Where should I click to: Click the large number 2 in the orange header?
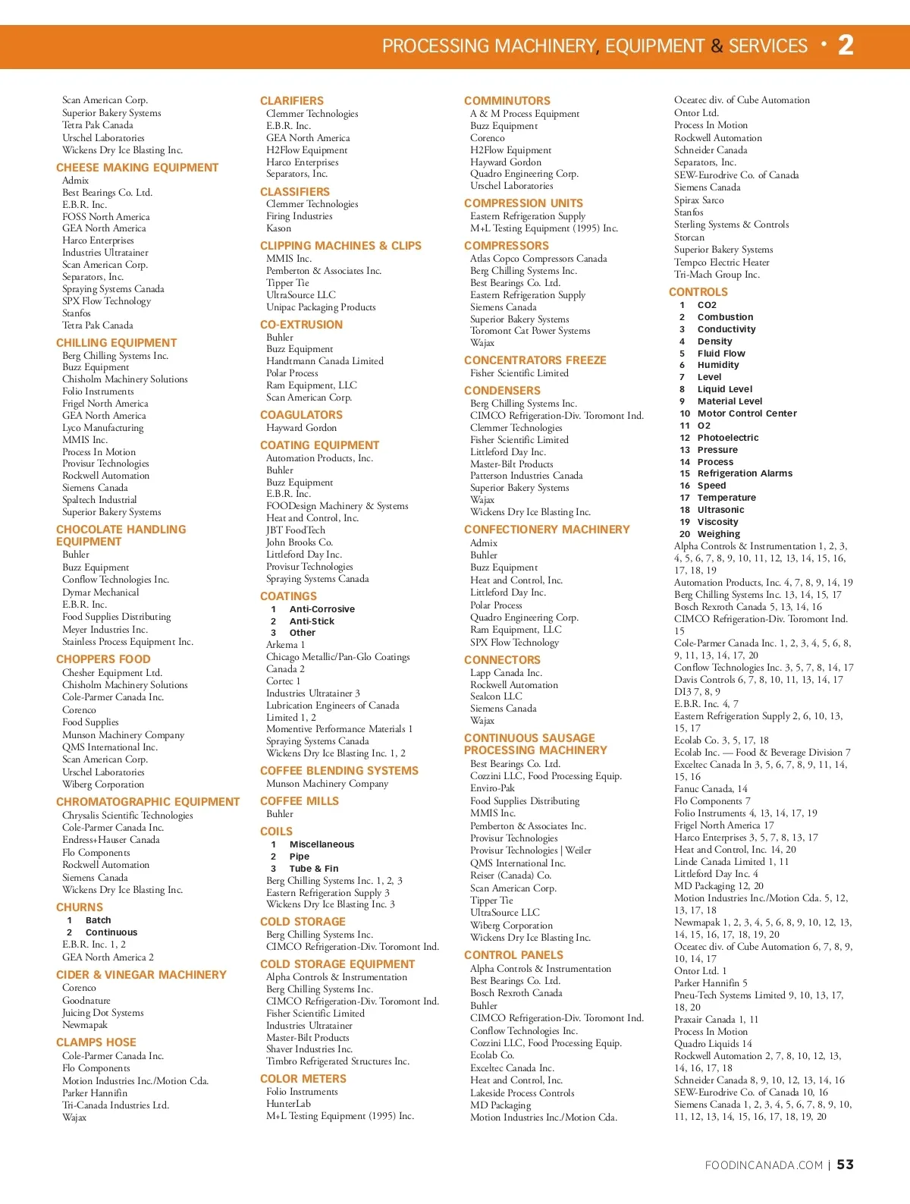pos(846,46)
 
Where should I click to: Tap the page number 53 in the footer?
pos(845,1165)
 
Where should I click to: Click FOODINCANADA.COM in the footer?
pos(764,1165)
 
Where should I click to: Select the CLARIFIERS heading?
pos(292,101)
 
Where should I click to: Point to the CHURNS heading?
pos(80,907)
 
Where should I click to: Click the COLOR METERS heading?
pos(303,1079)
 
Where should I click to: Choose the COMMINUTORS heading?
pos(507,101)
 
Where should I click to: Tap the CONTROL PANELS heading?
pos(513,955)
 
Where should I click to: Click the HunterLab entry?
pos(288,1104)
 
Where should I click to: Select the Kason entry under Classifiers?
pos(278,228)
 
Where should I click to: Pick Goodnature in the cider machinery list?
pos(86,1001)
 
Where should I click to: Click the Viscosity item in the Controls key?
pos(717,522)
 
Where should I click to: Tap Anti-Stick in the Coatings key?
pos(312,621)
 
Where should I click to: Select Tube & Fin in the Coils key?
pos(314,869)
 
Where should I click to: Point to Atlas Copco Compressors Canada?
pos(538,259)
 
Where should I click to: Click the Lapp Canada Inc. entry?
pos(506,673)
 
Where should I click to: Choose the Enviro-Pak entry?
pos(492,788)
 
